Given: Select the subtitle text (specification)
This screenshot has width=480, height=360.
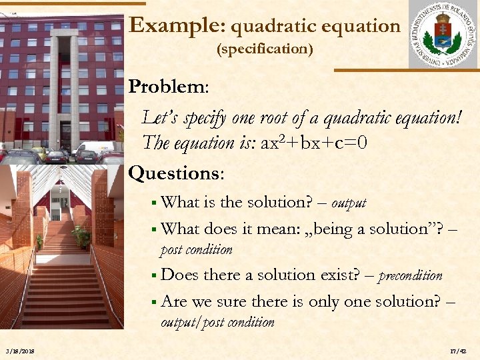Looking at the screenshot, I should tap(265, 49).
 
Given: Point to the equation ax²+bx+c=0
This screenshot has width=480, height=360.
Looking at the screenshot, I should tap(314, 143).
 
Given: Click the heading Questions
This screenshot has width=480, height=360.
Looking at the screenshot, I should tap(176, 173).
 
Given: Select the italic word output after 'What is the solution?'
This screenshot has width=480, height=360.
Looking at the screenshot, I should tap(349, 203).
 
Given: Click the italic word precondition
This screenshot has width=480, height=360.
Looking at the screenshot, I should tap(410, 275).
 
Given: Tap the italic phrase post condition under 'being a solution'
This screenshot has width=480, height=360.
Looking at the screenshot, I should tap(196, 250).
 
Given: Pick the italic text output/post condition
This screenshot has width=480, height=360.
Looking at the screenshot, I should tap(217, 323).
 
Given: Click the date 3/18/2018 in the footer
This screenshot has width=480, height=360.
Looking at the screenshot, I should tap(19, 351).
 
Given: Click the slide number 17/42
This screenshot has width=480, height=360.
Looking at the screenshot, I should tap(458, 351).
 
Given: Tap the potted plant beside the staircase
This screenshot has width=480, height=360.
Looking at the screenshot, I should tap(82, 235).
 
